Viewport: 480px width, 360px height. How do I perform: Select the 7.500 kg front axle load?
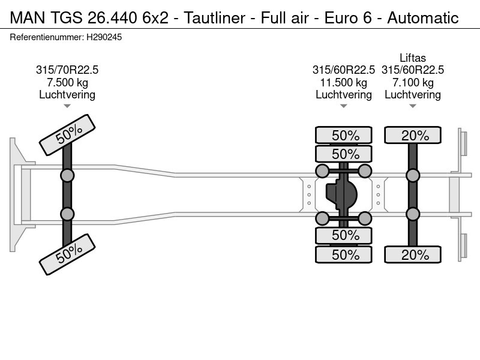pos(67,82)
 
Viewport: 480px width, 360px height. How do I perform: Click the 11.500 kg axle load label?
pos(343,82)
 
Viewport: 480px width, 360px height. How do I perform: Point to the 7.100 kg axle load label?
pos(413,82)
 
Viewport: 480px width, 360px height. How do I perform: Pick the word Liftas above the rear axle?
pos(413,58)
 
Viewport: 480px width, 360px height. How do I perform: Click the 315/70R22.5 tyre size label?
pos(67,70)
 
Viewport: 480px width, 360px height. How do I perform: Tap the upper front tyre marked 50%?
pos(68,134)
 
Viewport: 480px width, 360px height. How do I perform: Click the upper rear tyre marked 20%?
pos(413,135)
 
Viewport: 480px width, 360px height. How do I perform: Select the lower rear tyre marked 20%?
pos(413,254)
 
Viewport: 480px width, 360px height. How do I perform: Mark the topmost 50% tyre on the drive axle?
pos(343,135)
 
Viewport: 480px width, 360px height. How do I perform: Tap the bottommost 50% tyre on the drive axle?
pos(343,254)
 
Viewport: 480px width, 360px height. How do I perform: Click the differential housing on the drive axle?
pos(341,194)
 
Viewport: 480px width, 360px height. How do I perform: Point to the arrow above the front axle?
pos(67,106)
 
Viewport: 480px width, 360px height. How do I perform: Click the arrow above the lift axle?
pos(413,106)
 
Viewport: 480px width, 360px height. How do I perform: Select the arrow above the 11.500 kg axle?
pos(343,106)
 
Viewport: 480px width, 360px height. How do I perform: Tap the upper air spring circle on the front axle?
pos(67,175)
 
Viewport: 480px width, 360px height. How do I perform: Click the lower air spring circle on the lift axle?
pos(413,214)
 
